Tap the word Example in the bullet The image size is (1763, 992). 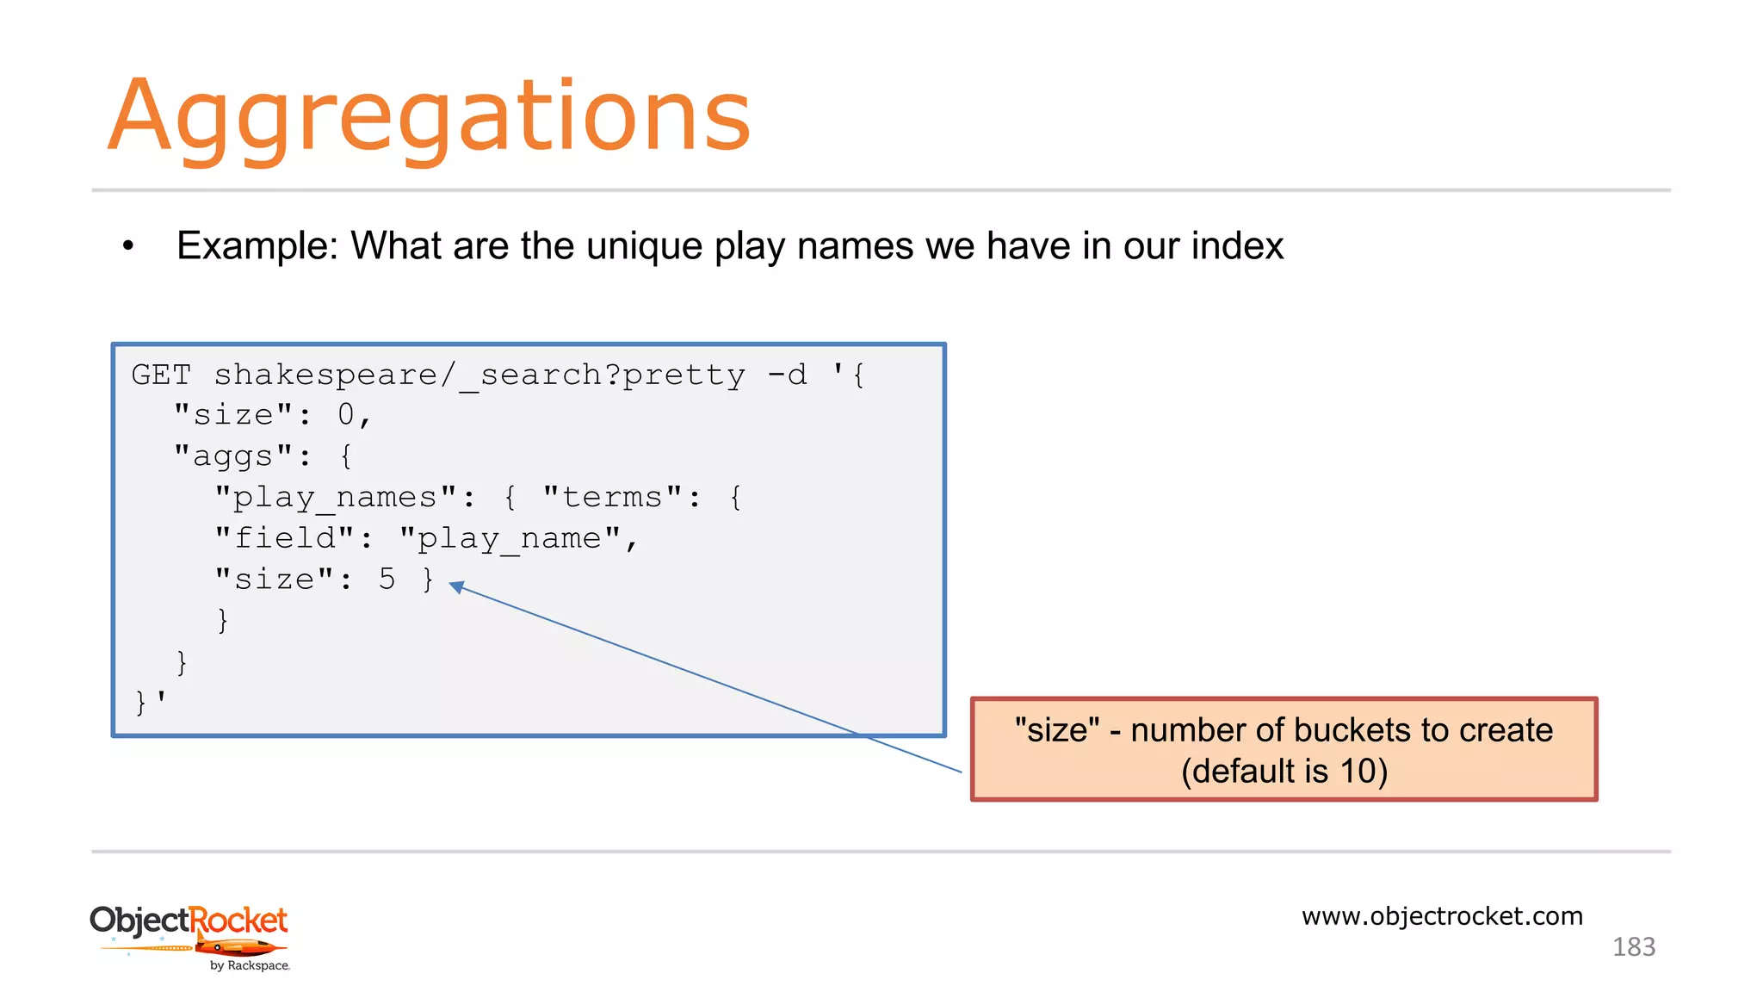257,246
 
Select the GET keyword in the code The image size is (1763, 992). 161,375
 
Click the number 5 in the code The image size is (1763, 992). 387,580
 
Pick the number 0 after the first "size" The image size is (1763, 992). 346,415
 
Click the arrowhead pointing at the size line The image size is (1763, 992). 457,587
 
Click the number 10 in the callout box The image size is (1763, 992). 1358,771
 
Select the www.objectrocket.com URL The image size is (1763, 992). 1442,916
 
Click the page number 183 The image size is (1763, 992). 1633,947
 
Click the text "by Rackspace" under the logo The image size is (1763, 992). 250,966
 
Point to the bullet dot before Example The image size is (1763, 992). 128,247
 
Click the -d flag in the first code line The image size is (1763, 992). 787,375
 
